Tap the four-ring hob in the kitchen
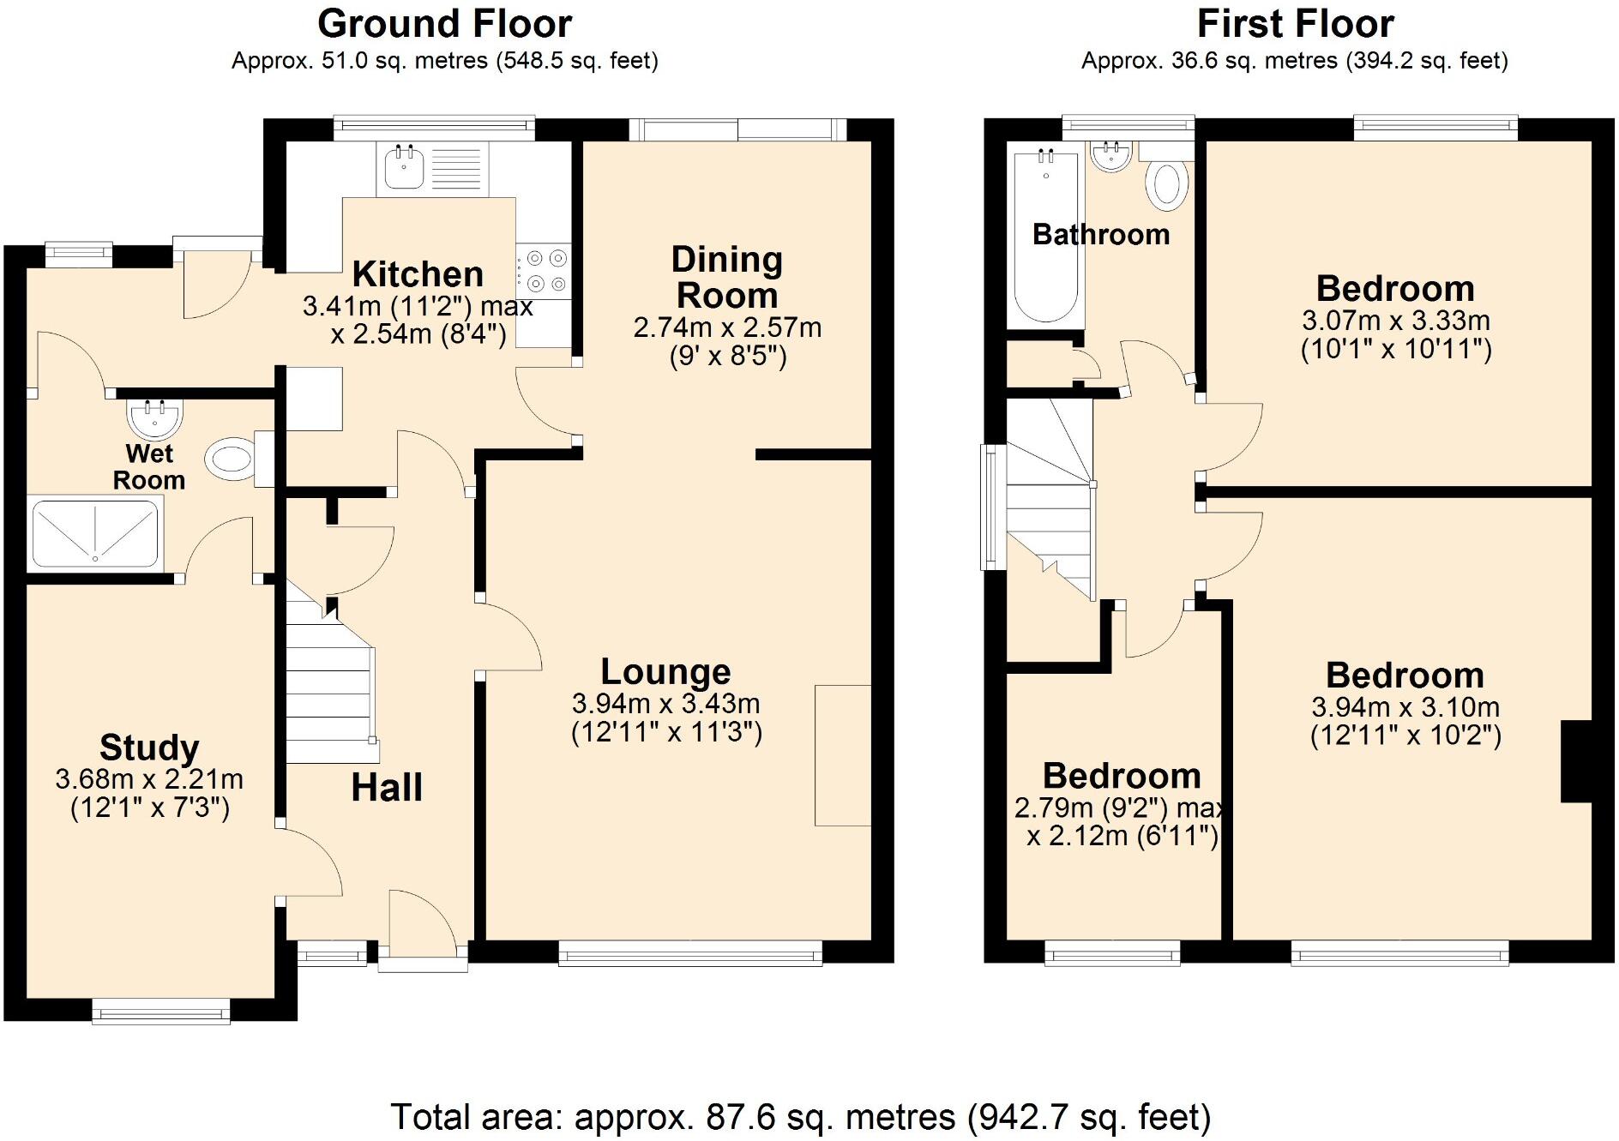click(544, 271)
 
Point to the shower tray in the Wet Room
click(95, 535)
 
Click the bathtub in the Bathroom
click(1046, 237)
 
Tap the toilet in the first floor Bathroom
click(1165, 177)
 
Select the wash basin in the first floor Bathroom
click(1112, 157)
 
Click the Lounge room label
click(665, 671)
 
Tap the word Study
click(149, 748)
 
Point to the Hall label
click(387, 788)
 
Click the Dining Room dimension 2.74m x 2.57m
click(727, 327)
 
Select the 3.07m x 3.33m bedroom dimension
click(1396, 321)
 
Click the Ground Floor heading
click(444, 24)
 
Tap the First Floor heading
click(1295, 24)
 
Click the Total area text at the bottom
click(801, 1117)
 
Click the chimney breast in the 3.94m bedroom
click(1576, 762)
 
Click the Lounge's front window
click(690, 953)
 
